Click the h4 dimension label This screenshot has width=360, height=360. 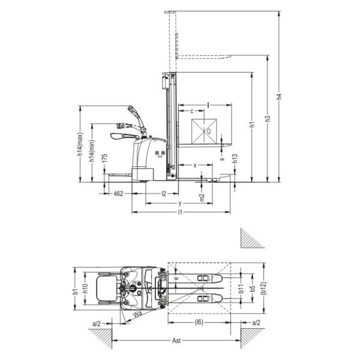tap(279, 97)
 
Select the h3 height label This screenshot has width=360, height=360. tap(268, 118)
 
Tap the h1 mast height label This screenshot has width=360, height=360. tap(253, 124)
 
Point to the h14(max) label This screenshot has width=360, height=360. tap(80, 144)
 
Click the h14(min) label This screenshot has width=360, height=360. tap(92, 151)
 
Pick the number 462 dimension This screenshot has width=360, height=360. tap(118, 194)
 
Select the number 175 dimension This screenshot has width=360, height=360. tap(104, 158)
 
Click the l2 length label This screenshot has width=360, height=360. tap(164, 194)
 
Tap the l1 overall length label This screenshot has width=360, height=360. tap(180, 212)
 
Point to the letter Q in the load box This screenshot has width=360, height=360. tap(209, 131)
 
